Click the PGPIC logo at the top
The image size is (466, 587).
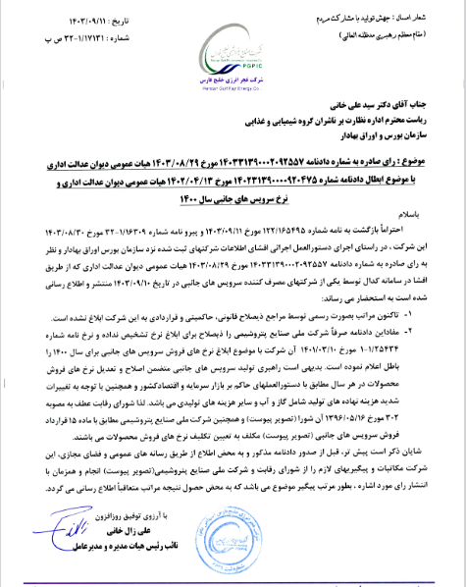232,44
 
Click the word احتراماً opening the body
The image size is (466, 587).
425,257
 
